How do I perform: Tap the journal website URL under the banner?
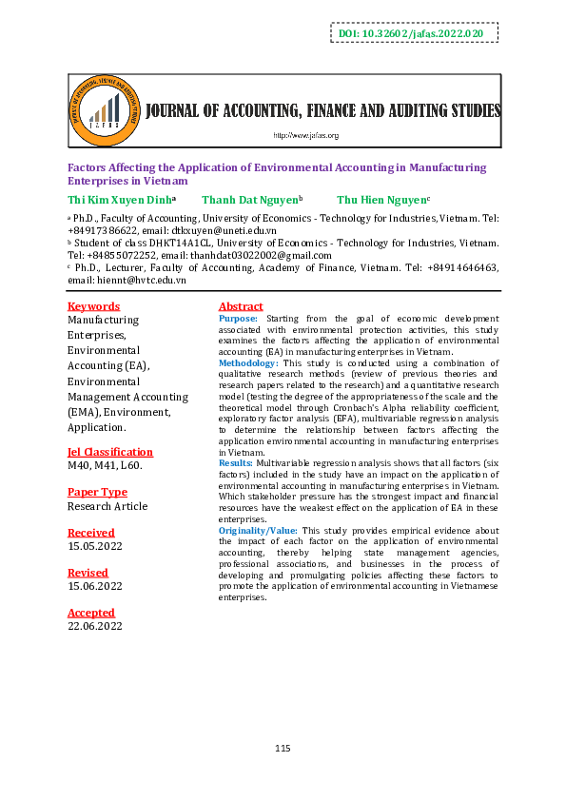[x=306, y=135]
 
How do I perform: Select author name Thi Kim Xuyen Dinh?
[x=120, y=200]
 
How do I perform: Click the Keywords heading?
[x=93, y=306]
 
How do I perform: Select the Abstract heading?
[x=240, y=306]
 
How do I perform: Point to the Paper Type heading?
[x=97, y=492]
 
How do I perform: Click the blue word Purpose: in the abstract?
[x=238, y=318]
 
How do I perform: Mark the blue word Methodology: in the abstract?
[x=248, y=363]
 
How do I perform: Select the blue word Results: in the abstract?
[x=236, y=461]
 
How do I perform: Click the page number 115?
[x=283, y=750]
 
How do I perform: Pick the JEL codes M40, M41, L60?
[x=105, y=466]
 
